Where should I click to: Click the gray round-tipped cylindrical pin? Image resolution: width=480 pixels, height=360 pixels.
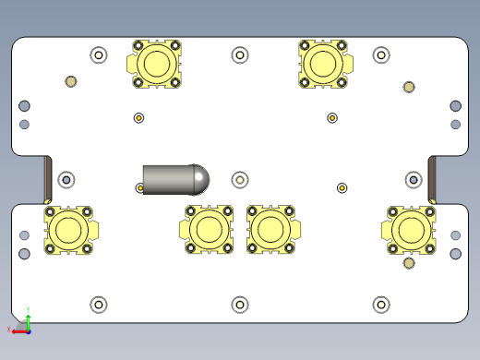[x=171, y=178]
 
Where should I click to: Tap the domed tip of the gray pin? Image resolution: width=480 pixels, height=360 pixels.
[x=198, y=178]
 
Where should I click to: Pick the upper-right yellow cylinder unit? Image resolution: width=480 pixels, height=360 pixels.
[x=324, y=64]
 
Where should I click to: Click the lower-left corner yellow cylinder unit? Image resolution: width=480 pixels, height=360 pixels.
[x=68, y=229]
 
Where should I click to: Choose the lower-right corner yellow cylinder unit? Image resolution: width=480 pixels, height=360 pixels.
[x=410, y=229]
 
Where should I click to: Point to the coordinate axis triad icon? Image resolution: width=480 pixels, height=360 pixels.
[x=25, y=324]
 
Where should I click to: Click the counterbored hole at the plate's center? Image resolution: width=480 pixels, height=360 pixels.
[x=240, y=179]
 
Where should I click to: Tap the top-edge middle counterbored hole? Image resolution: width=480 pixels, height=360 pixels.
[x=240, y=55]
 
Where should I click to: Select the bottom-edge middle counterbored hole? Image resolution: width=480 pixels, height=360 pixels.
[x=240, y=304]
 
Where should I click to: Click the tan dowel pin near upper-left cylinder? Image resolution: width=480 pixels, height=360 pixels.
[x=70, y=81]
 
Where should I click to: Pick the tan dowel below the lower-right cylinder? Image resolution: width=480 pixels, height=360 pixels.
[x=409, y=265]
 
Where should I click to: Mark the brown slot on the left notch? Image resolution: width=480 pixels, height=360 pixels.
[x=48, y=179]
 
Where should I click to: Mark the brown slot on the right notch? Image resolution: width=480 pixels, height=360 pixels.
[x=432, y=179]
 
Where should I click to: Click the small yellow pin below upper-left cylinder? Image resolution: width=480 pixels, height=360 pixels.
[x=138, y=117]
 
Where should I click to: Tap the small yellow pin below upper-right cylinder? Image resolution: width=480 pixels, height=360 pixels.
[x=332, y=117]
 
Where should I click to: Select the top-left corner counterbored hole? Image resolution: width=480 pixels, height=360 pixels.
[x=99, y=55]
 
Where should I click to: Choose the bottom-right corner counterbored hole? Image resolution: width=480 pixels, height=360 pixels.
[x=380, y=304]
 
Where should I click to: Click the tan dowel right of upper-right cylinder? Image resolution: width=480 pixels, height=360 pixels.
[x=409, y=88]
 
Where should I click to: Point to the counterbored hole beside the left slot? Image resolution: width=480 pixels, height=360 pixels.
[x=66, y=178]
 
